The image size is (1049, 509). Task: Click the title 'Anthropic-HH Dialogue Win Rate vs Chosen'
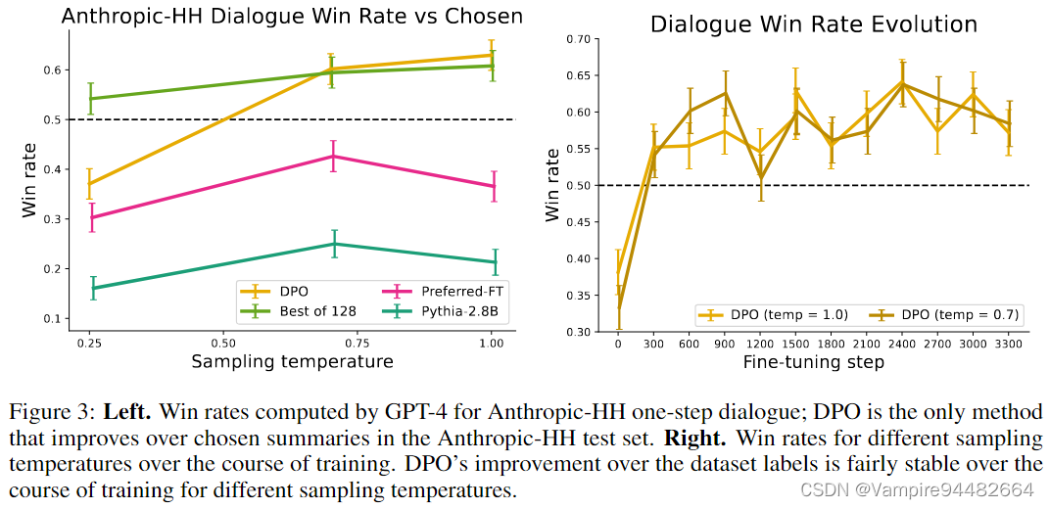(x=291, y=16)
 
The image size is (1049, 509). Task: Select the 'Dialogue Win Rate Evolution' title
(x=814, y=24)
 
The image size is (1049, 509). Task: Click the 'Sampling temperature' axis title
(x=292, y=361)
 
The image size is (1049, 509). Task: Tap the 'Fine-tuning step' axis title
(x=814, y=361)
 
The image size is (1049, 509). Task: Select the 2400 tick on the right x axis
(x=902, y=345)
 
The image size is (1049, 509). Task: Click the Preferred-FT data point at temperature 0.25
(x=91, y=217)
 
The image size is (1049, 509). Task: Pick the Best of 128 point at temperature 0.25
(x=91, y=98)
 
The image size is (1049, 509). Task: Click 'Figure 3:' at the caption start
(x=46, y=412)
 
